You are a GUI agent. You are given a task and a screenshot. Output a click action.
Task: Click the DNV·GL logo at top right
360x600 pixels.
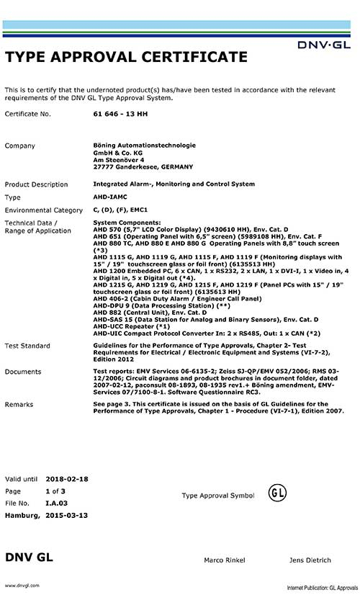click(x=325, y=45)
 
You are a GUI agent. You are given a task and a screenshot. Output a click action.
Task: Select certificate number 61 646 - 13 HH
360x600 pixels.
click(x=117, y=114)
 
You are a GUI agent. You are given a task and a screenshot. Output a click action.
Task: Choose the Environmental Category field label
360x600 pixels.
click(x=44, y=210)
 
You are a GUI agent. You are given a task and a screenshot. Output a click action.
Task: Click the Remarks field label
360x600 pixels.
click(x=19, y=405)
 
